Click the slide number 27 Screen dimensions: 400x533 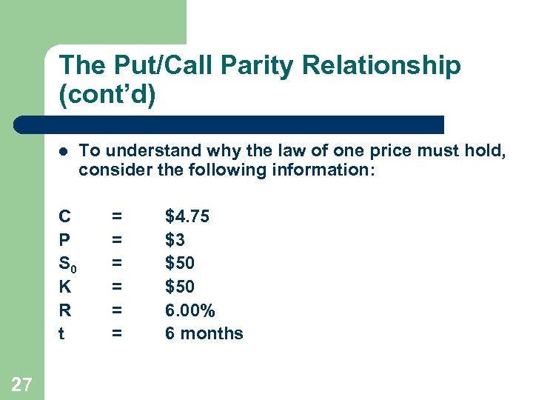[x=22, y=384]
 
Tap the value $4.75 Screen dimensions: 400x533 [x=187, y=216]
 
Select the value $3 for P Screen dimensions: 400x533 [x=175, y=240]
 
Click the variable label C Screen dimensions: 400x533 [x=65, y=216]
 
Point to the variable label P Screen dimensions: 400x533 [x=65, y=240]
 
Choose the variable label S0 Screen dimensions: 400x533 [x=67, y=264]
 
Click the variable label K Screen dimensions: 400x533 [x=65, y=287]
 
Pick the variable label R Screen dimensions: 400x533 [x=65, y=310]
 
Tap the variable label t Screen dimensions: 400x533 [x=61, y=333]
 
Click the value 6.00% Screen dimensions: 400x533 [x=190, y=310]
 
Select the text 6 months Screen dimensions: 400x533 [x=204, y=333]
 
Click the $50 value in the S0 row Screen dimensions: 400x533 [x=180, y=263]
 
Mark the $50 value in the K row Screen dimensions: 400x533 [x=180, y=287]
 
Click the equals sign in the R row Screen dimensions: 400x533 [x=116, y=310]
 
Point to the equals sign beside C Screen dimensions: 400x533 [x=116, y=216]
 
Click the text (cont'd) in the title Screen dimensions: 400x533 [x=108, y=96]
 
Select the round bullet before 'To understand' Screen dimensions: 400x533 [x=64, y=151]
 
